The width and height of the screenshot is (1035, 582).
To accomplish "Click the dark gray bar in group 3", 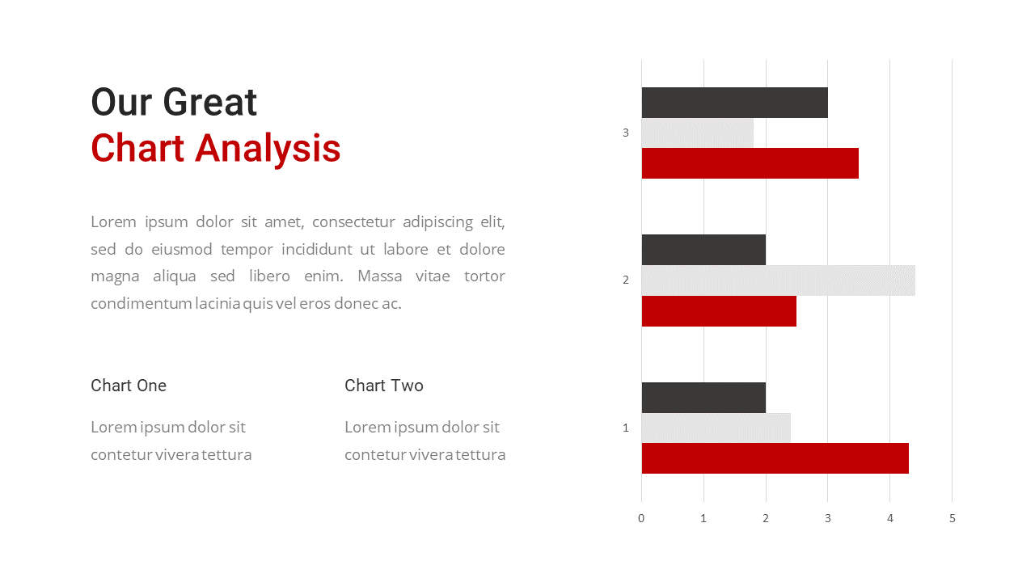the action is tap(735, 103).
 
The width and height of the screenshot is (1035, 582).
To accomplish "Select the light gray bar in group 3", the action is tap(698, 133).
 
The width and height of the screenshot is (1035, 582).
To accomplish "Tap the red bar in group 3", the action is tap(750, 163).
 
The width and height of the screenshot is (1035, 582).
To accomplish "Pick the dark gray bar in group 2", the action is tap(703, 250).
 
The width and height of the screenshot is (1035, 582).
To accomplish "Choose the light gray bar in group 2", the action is tap(779, 280).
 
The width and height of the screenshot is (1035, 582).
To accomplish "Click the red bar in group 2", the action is tap(719, 311).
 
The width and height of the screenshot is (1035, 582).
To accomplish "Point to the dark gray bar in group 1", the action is tap(703, 397).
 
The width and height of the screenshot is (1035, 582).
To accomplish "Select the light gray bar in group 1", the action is tap(716, 428).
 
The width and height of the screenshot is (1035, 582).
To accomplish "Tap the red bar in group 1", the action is tap(775, 458).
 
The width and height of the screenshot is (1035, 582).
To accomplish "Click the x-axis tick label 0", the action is tap(641, 518).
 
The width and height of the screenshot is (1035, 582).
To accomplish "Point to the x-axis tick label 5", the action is tap(953, 518).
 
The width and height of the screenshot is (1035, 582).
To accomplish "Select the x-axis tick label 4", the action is tap(890, 518).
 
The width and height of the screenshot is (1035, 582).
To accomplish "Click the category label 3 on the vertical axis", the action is tap(626, 133).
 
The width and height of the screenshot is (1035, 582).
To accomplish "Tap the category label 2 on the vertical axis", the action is tap(626, 280).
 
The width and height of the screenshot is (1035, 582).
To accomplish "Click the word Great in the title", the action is tap(209, 102).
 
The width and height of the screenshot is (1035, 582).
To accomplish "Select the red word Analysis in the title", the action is tap(268, 150).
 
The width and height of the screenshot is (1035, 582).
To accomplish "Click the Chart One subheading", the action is tap(129, 386).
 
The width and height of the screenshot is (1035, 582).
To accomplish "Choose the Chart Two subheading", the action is tap(384, 386).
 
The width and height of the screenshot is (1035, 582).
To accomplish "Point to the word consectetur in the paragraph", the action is tap(353, 221).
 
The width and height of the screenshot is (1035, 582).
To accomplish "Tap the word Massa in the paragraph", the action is tap(380, 276).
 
